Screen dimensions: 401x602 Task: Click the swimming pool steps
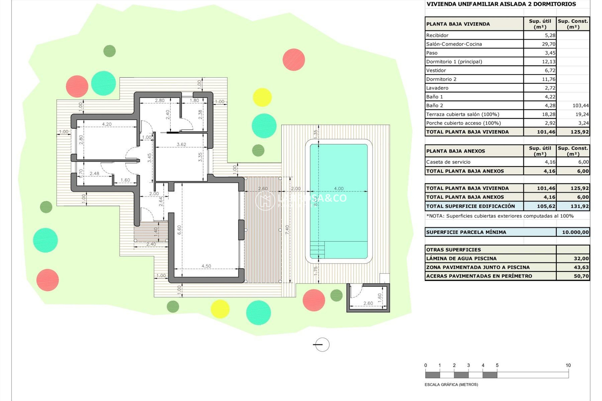(x=317, y=250)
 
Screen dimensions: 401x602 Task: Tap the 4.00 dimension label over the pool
(x=339, y=189)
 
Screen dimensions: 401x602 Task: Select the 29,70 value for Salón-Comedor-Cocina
(x=548, y=44)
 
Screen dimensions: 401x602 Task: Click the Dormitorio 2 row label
(x=441, y=79)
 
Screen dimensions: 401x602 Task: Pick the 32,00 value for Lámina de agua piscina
(x=581, y=258)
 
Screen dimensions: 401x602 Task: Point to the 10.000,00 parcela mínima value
(x=575, y=232)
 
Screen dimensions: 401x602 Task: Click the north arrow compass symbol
(x=322, y=345)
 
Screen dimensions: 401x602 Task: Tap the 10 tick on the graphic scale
(x=568, y=365)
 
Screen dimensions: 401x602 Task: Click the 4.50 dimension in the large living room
(x=206, y=266)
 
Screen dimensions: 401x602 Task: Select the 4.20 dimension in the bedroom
(x=107, y=124)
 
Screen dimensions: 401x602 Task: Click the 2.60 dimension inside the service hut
(x=368, y=303)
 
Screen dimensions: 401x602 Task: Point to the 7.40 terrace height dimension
(x=287, y=230)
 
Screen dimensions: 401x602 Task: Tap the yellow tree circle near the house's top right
(x=262, y=97)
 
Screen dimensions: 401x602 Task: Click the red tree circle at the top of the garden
(x=294, y=60)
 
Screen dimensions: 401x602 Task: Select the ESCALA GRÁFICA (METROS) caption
(x=451, y=384)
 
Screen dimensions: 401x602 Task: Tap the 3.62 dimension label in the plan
(x=181, y=144)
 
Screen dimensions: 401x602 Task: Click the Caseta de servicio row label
(x=448, y=162)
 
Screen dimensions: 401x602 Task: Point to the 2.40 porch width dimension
(x=151, y=244)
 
